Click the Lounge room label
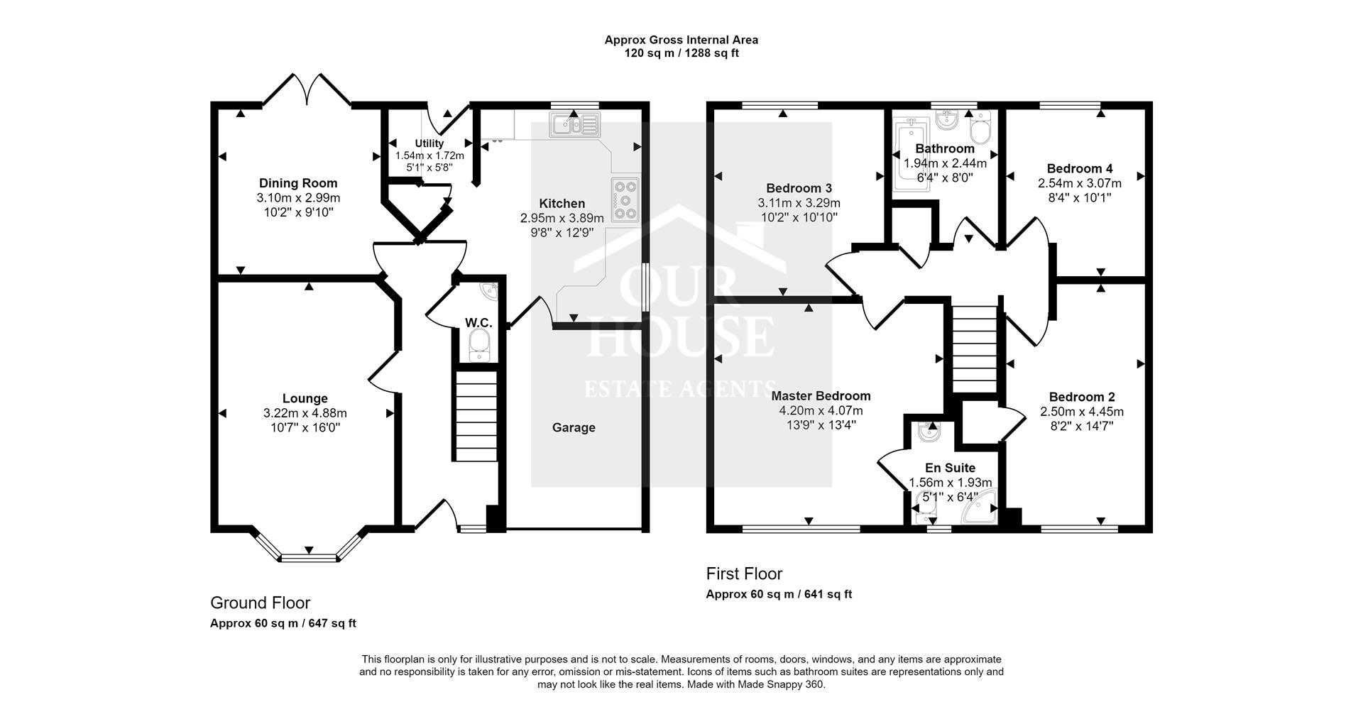click(305, 399)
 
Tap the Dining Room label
click(298, 183)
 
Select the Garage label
click(574, 427)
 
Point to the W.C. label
click(478, 323)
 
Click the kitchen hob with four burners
click(625, 199)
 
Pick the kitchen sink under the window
click(574, 124)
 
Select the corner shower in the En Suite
click(979, 507)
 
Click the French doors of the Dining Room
click(307, 89)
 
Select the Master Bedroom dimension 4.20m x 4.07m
click(821, 410)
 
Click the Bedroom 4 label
click(1080, 168)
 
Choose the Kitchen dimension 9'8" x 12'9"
click(562, 232)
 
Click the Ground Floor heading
click(261, 603)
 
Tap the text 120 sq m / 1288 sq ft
click(681, 53)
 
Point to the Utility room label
click(429, 143)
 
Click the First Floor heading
click(744, 573)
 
